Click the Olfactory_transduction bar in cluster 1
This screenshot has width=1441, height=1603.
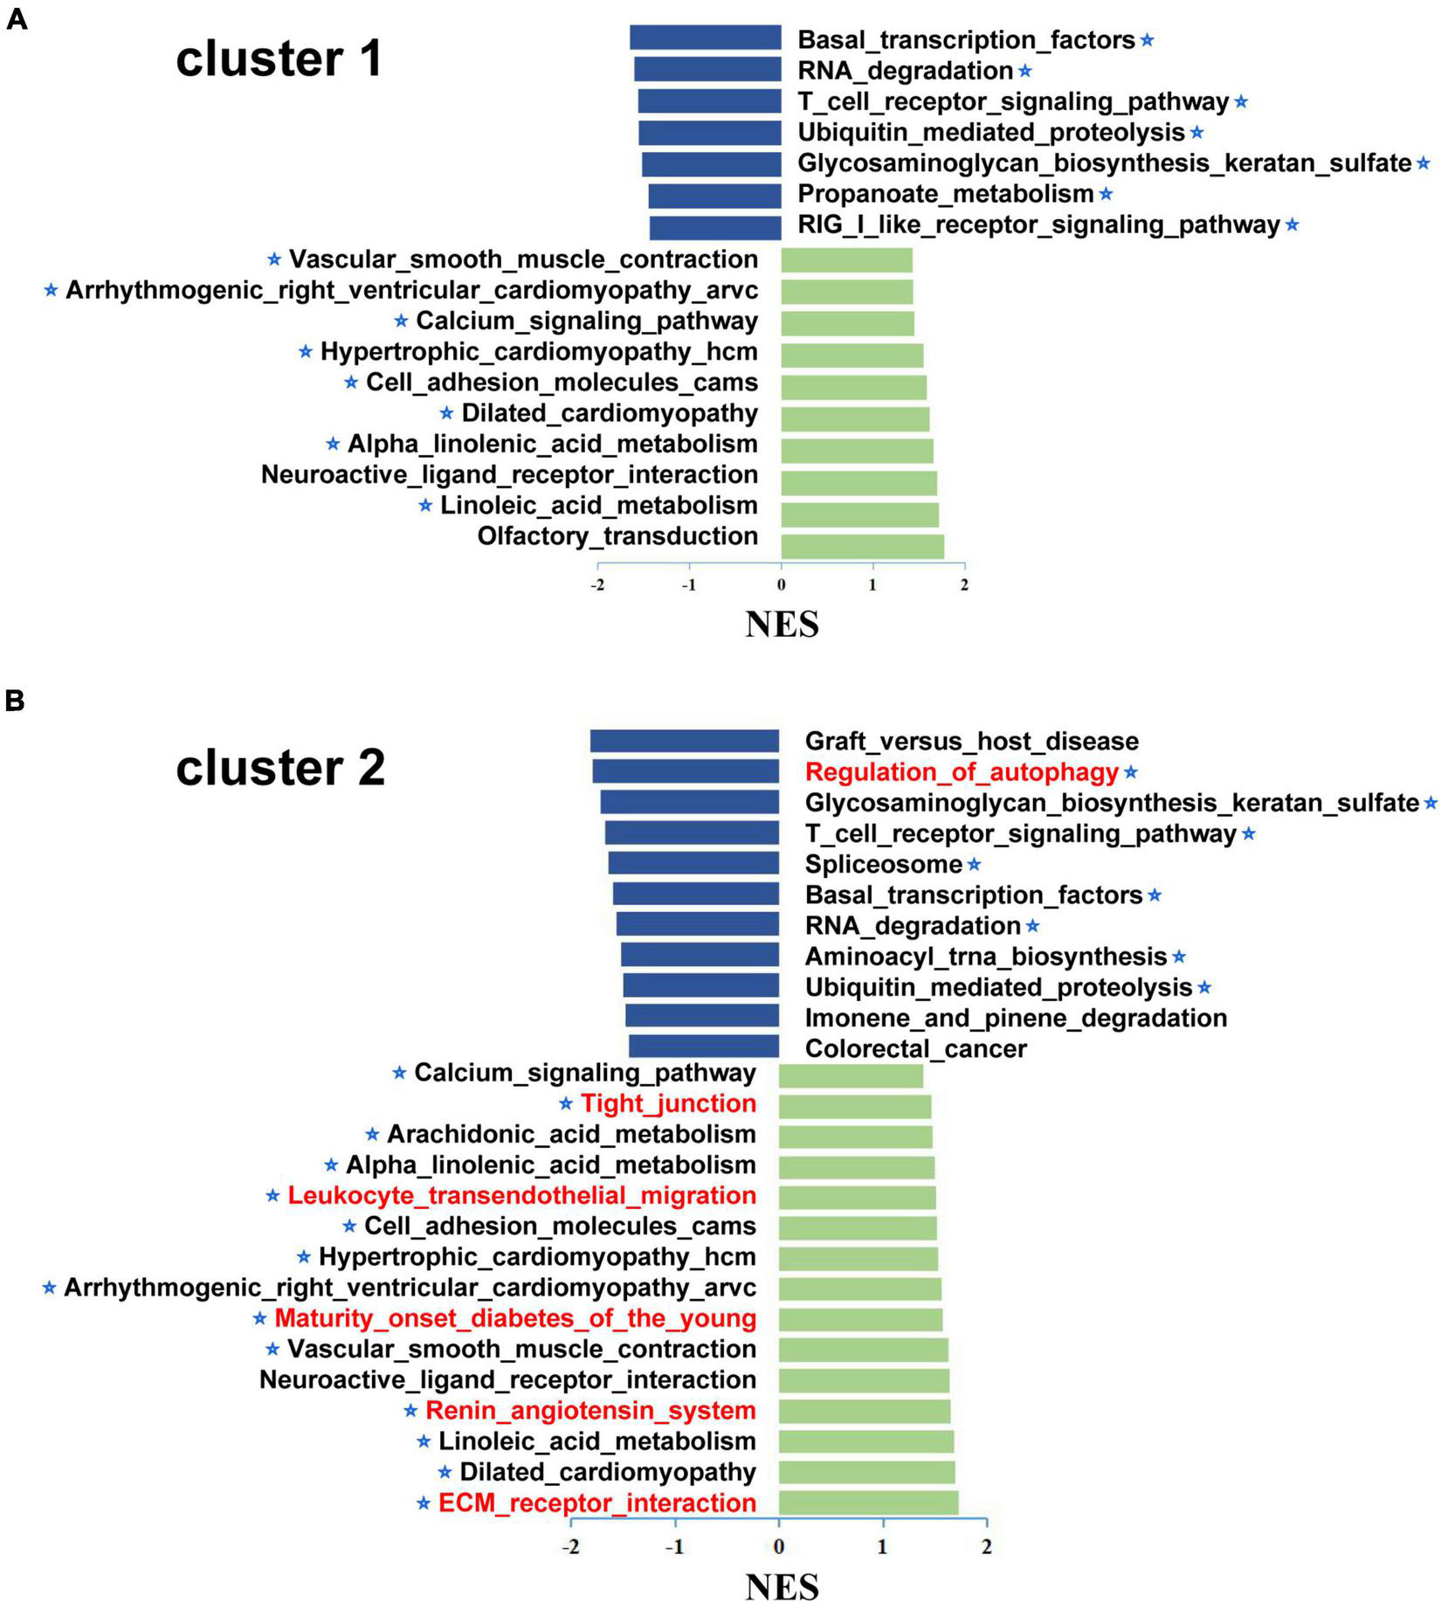coord(862,546)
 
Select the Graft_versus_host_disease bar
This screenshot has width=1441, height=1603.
coord(685,741)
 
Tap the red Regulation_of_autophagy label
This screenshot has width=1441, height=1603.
coord(962,772)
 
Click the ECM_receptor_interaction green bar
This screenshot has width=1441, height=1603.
coord(868,1503)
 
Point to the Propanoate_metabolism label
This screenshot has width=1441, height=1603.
coord(946,194)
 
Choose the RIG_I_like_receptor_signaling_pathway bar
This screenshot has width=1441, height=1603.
coord(715,228)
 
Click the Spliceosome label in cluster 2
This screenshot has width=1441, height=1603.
coord(883,865)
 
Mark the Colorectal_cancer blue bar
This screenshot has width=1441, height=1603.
coord(704,1047)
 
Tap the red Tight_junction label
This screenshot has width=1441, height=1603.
coord(669,1103)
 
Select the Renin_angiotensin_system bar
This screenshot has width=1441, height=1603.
coord(865,1412)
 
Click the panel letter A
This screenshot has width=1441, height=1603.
coord(17,19)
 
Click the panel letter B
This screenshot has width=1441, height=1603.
coord(15,701)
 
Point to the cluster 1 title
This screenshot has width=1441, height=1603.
coord(279,59)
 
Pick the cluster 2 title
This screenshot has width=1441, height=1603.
coord(280,769)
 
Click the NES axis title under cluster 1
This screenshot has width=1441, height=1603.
coord(782,625)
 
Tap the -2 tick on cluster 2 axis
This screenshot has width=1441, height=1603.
coord(570,1548)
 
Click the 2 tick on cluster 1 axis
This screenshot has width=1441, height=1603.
coord(964,585)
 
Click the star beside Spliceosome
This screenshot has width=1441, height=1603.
coord(975,865)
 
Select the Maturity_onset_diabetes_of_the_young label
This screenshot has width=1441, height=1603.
coord(515,1318)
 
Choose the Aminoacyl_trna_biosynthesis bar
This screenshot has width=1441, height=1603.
coord(700,955)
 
